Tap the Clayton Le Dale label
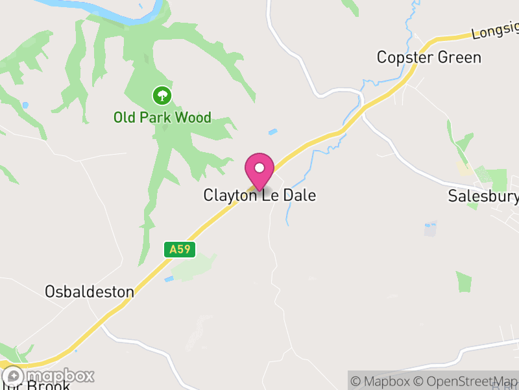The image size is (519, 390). coord(259,195)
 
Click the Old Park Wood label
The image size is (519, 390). coord(162,118)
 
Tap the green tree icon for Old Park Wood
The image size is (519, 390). coord(162,97)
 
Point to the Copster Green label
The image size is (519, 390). coord(429,57)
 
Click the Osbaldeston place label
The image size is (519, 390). coord(90,292)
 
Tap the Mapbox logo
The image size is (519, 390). coord(49,376)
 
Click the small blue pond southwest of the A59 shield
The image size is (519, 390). coord(169,279)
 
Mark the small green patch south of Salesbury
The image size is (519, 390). coord(464,281)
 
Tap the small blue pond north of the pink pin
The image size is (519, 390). coord(272,132)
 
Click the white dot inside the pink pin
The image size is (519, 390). coord(259,168)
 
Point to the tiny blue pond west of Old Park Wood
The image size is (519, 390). coord(25,105)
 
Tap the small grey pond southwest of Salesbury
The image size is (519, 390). coord(430,228)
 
